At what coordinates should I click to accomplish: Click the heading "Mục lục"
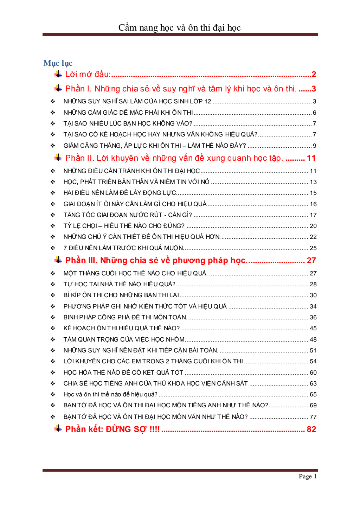pos(58,63)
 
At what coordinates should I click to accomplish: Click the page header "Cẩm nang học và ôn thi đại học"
pos(179,27)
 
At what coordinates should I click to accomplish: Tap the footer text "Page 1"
pos(308,476)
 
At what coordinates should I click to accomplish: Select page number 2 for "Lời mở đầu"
pos(314,74)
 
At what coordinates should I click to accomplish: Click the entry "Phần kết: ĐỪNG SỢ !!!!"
pos(112,429)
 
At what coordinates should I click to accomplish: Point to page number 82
pos(311,429)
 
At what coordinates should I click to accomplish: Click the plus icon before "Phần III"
pos(58,260)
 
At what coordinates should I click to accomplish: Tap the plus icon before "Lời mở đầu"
pos(58,74)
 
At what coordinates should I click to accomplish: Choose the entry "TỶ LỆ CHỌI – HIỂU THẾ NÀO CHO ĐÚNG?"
pos(124,226)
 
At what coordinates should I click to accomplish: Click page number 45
pos(313,328)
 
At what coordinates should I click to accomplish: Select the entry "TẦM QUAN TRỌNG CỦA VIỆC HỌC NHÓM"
pos(124,339)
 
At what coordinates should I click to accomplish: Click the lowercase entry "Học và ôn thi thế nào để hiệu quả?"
pos(110,394)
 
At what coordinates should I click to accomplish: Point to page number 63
pos(313,383)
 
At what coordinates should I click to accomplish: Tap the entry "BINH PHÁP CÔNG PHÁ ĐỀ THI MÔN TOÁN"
pos(125,317)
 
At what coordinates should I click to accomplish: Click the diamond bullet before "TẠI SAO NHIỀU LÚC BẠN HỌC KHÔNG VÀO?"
pos(53,123)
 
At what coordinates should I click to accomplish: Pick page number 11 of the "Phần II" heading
pos(311,158)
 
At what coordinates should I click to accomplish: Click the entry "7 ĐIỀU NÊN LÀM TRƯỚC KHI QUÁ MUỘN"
pos(123,248)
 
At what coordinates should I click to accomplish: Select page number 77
pos(313,417)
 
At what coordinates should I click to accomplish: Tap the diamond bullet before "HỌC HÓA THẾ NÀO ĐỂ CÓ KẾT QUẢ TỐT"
pos(53,373)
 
